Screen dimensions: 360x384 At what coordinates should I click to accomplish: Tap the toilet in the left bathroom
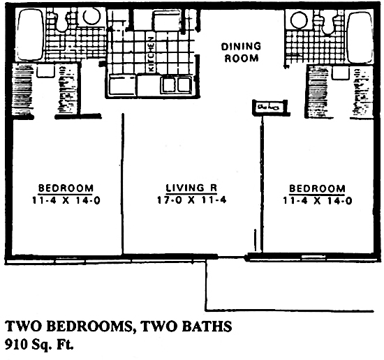(x=63, y=21)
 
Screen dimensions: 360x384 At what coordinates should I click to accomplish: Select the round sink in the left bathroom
(x=90, y=17)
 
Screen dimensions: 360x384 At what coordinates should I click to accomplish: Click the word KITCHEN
(x=150, y=52)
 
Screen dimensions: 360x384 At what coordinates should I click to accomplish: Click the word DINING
(x=241, y=47)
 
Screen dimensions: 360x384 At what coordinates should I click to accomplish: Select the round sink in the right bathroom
(x=300, y=20)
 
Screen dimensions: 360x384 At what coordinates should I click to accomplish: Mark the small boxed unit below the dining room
(x=267, y=107)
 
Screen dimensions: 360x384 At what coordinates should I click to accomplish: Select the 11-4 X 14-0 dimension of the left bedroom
(x=66, y=200)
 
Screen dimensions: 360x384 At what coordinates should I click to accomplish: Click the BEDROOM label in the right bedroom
(x=316, y=188)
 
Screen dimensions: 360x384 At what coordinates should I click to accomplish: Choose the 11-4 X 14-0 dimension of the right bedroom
(x=316, y=200)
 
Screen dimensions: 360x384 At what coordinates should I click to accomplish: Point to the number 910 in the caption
(x=16, y=343)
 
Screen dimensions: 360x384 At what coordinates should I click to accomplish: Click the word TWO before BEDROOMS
(x=22, y=326)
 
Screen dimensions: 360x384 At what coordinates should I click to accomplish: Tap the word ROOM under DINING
(x=241, y=59)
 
